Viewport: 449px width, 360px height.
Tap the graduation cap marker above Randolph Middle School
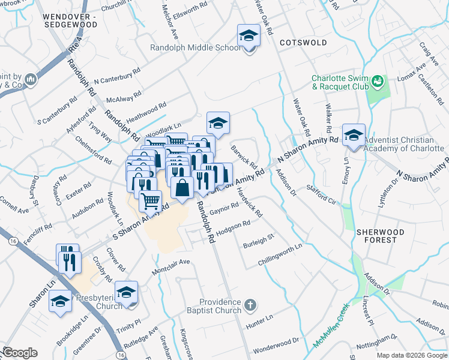[249, 36]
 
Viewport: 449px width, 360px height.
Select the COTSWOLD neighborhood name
[303, 43]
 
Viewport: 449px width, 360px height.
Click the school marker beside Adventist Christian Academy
[354, 136]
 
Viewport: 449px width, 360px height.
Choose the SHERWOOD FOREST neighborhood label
[376, 235]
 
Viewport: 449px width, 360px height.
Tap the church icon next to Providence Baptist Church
[251, 305]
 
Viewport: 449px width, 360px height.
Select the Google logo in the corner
[19, 353]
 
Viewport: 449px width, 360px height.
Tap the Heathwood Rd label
[146, 112]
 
